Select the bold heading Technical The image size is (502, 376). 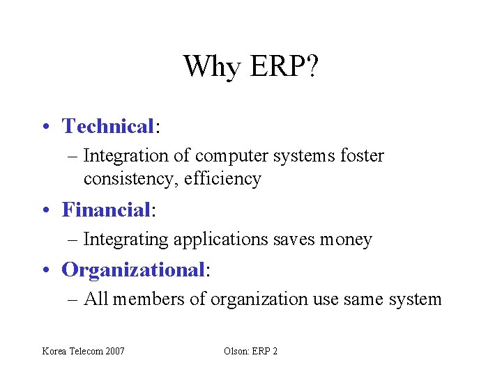[107, 126]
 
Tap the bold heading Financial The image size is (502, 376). [106, 209]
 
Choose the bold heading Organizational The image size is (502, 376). [133, 269]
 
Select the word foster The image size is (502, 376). [362, 155]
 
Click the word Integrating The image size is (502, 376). [125, 240]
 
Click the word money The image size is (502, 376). [346, 240]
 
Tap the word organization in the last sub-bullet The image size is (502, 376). [259, 299]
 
